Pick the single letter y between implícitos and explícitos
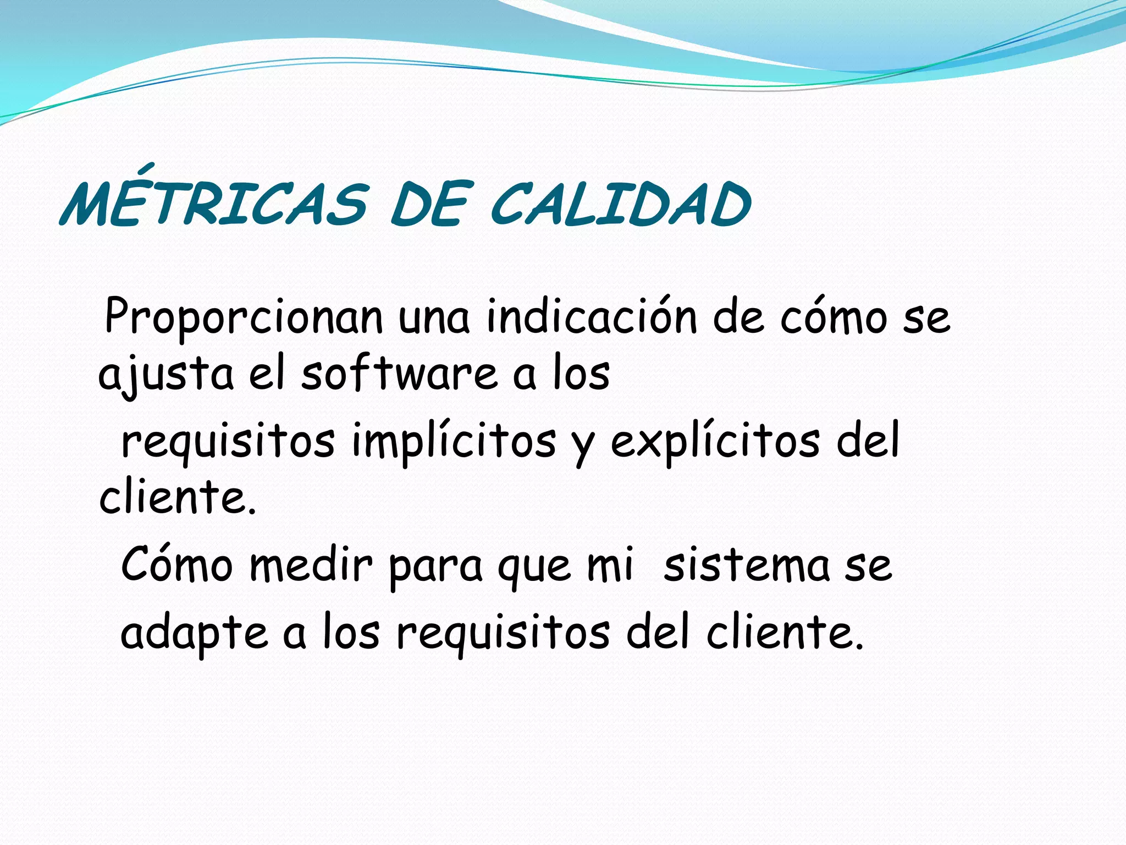click(x=583, y=447)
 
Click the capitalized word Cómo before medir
click(x=176, y=564)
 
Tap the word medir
click(x=311, y=564)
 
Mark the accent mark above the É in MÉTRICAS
click(x=145, y=167)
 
